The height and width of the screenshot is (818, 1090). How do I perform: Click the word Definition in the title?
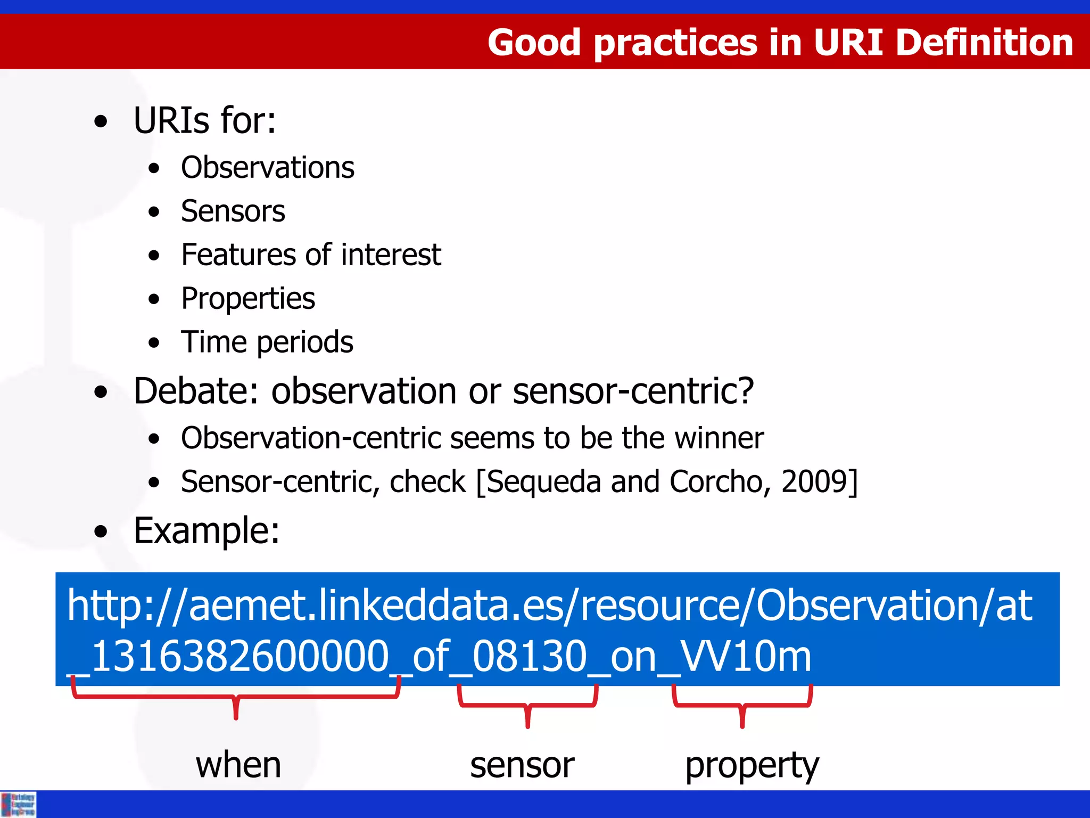(x=984, y=43)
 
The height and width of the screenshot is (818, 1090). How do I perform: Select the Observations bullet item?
(x=267, y=168)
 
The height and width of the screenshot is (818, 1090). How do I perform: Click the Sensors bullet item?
(x=233, y=211)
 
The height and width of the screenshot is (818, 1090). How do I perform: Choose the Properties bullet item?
(x=248, y=299)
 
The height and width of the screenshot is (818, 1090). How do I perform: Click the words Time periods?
(x=267, y=342)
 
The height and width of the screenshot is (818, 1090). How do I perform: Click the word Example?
(x=206, y=531)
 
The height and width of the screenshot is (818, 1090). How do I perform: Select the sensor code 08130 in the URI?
(x=529, y=657)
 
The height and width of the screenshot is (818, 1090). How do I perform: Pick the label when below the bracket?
(x=238, y=765)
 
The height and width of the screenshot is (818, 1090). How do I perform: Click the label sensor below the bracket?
(x=522, y=765)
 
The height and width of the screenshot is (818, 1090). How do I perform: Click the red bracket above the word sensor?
(x=527, y=706)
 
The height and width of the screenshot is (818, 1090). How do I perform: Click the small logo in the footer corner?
(x=19, y=804)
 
